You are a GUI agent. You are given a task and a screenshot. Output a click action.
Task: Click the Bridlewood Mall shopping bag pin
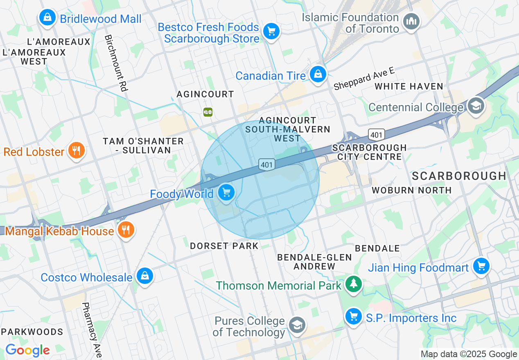pos(47,18)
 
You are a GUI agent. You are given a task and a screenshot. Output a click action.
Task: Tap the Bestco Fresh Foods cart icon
pos(271,31)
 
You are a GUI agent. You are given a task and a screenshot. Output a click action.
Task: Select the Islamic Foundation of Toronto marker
pos(411,21)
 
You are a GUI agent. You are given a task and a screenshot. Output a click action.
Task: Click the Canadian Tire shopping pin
pos(318,74)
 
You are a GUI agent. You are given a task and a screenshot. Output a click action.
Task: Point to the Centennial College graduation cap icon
pos(476,106)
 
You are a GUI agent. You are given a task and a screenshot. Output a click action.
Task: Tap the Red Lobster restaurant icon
pos(76,151)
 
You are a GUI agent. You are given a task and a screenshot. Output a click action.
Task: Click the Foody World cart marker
pos(226,192)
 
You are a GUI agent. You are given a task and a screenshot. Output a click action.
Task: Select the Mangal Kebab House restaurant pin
pos(126,230)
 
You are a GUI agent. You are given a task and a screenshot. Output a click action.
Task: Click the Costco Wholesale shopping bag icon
pos(144,276)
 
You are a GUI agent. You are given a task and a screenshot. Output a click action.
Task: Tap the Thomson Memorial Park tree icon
pos(353,284)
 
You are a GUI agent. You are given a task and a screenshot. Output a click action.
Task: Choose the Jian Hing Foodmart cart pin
pos(481,266)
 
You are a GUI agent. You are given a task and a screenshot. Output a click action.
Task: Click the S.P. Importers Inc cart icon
pos(353,317)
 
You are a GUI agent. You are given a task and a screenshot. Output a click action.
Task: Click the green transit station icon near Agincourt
pos(208,112)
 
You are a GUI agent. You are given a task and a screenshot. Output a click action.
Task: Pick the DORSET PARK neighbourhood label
pos(224,246)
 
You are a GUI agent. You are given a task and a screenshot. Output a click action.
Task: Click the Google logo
pos(27,351)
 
